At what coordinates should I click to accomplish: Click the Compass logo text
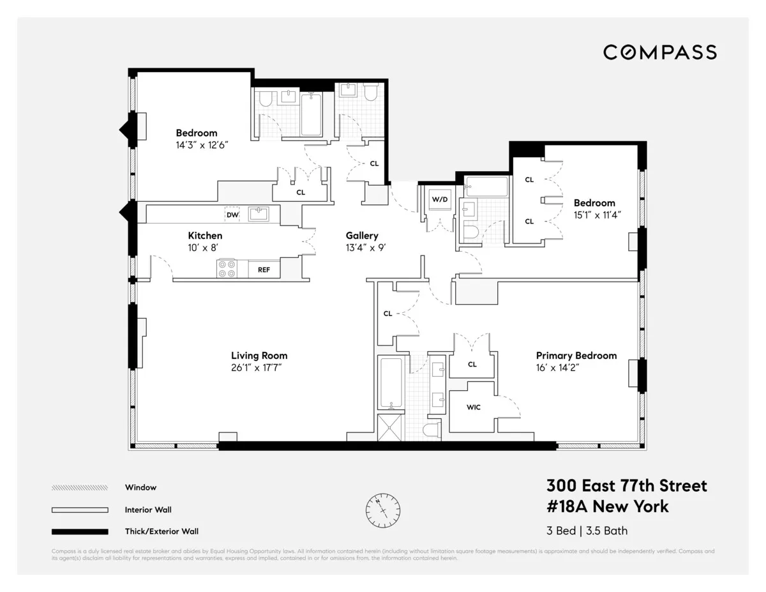(660, 52)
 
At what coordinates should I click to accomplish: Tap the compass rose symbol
(383, 510)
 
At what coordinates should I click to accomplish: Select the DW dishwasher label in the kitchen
(233, 215)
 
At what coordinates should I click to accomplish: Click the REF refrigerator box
(264, 270)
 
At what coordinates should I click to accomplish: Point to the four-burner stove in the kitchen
(227, 269)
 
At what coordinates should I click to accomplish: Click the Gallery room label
(362, 236)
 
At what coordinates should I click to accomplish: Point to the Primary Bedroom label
(576, 356)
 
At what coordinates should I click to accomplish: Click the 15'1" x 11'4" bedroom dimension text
(596, 215)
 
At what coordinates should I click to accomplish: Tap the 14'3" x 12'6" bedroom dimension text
(201, 145)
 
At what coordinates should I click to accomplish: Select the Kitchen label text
(205, 236)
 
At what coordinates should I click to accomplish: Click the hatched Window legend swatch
(80, 488)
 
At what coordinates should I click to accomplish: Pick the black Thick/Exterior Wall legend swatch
(80, 531)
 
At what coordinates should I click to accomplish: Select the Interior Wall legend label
(148, 510)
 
